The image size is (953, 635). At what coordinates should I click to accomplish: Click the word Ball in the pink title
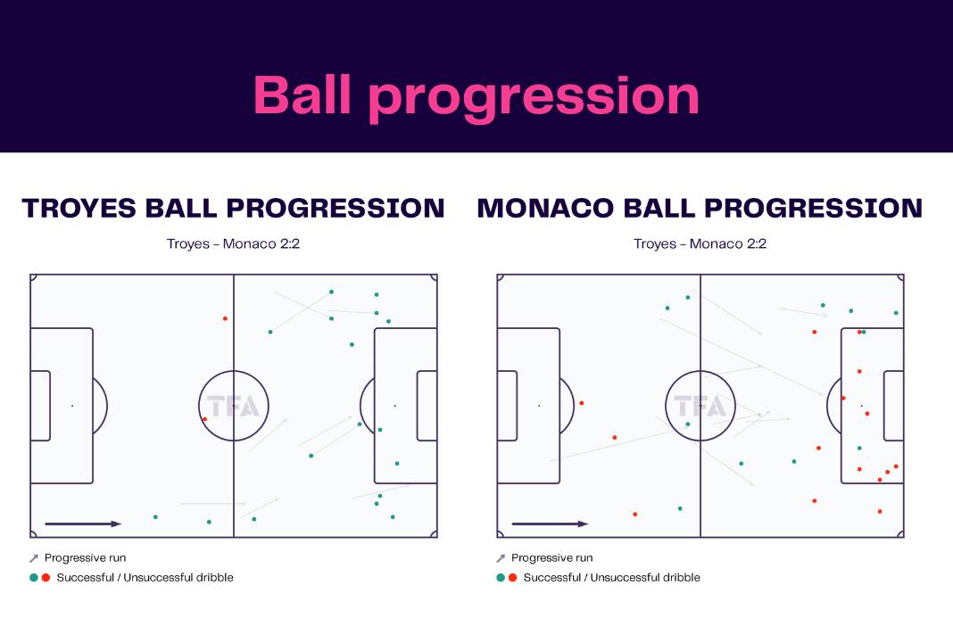[x=302, y=95]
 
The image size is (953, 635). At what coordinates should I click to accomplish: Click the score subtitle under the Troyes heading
[x=234, y=243]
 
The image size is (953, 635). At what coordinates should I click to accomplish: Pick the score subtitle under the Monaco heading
[x=700, y=243]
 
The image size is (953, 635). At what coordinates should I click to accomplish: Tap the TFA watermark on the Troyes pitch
[x=234, y=406]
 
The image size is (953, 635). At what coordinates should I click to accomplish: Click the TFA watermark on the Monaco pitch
[x=700, y=406]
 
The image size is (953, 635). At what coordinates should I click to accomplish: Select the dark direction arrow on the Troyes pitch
[x=83, y=524]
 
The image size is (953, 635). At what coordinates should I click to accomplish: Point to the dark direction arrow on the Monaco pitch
[x=550, y=524]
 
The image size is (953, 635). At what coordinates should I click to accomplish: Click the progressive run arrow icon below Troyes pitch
[x=33, y=557]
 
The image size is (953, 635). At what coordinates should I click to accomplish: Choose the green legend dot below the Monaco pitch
[x=501, y=577]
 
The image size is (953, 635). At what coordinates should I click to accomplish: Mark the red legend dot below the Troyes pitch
[x=46, y=577]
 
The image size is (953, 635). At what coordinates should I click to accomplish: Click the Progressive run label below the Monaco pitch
[x=551, y=557]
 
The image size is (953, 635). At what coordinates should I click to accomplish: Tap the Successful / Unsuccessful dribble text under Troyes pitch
[x=145, y=577]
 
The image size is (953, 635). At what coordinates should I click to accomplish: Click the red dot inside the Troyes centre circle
[x=205, y=419]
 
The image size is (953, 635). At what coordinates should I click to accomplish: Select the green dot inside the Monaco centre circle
[x=688, y=425]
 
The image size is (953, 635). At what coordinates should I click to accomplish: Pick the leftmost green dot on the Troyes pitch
[x=155, y=517]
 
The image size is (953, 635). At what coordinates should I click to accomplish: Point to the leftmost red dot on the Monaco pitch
[x=582, y=403]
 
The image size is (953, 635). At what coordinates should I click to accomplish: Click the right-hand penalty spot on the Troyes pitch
[x=395, y=406]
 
